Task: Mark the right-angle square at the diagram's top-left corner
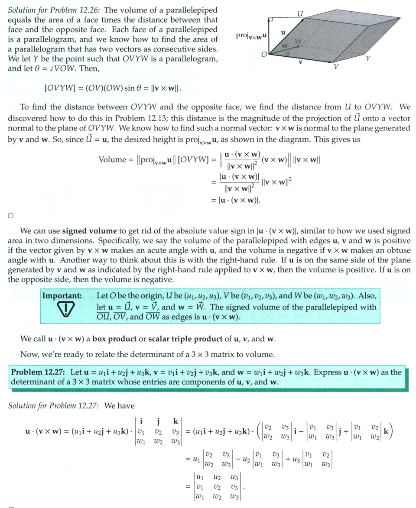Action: tap(271, 20)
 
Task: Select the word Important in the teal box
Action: tap(62, 296)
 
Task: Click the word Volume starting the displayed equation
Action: tap(112, 159)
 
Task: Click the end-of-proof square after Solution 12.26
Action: tap(11, 215)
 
